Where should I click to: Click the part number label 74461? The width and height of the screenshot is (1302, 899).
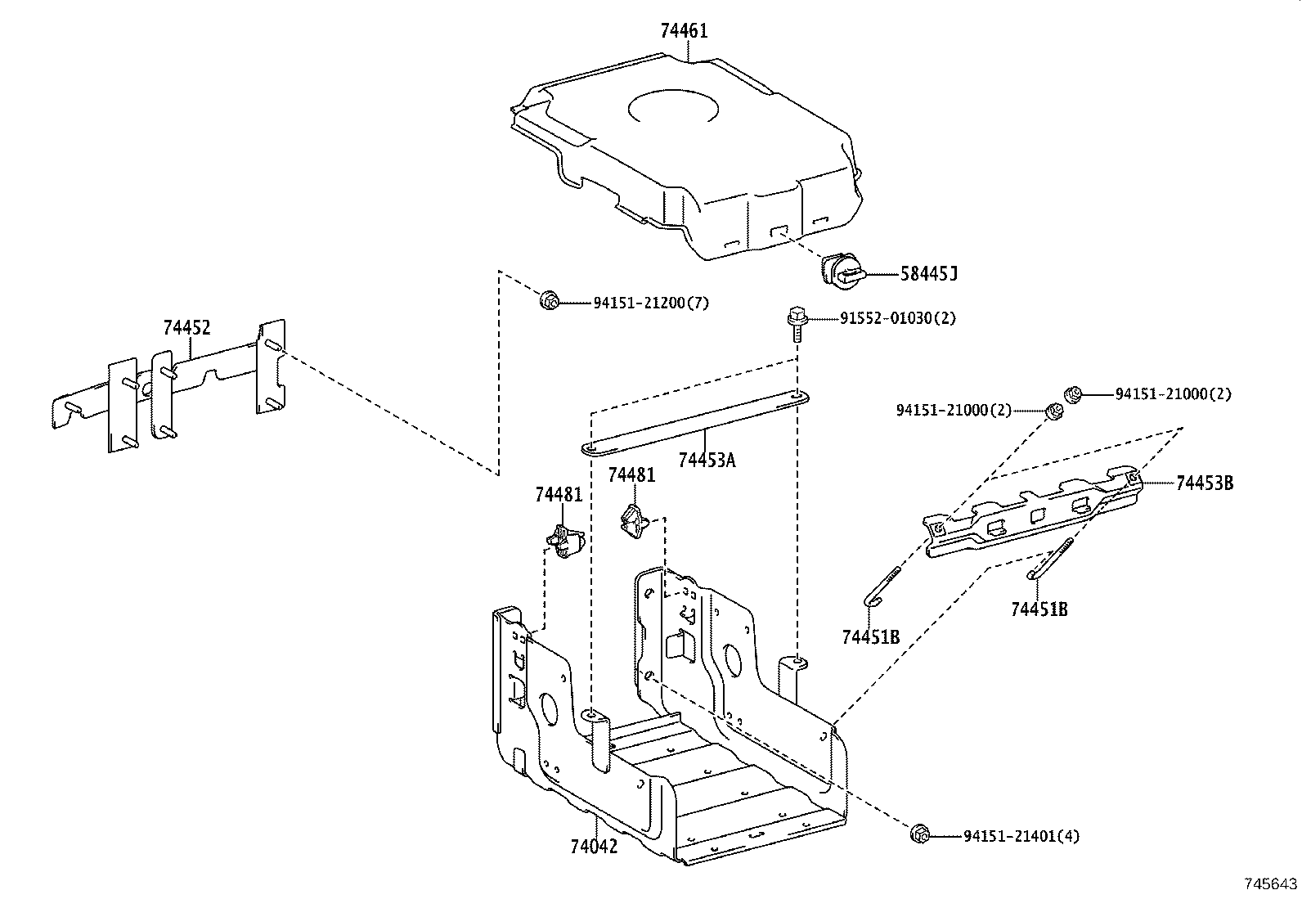(x=684, y=31)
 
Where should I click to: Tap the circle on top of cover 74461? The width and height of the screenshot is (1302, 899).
(x=673, y=108)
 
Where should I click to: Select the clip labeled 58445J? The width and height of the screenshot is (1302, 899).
(x=839, y=271)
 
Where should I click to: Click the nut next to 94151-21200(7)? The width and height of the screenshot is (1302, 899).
(x=550, y=300)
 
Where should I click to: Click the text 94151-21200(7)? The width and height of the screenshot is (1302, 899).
(x=651, y=303)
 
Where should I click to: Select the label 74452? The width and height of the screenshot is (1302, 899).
(x=186, y=328)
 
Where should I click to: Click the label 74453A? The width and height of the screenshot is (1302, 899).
(x=707, y=460)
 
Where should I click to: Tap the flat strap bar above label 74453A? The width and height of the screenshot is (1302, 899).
(x=695, y=421)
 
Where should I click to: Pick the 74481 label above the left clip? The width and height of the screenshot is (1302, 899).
(x=559, y=495)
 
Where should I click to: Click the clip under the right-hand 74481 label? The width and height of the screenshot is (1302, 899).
(x=633, y=522)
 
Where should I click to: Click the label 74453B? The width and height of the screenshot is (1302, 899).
(x=1204, y=483)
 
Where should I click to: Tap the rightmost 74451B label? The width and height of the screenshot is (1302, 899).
(x=1039, y=609)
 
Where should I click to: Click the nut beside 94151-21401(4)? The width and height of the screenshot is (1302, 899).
(x=919, y=834)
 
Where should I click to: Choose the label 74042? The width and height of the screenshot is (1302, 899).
(x=594, y=846)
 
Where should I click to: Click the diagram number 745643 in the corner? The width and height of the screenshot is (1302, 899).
(x=1270, y=883)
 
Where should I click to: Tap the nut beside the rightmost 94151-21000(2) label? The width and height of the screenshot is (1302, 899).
(x=1072, y=394)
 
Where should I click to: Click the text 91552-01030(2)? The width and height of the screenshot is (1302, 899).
(x=897, y=318)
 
